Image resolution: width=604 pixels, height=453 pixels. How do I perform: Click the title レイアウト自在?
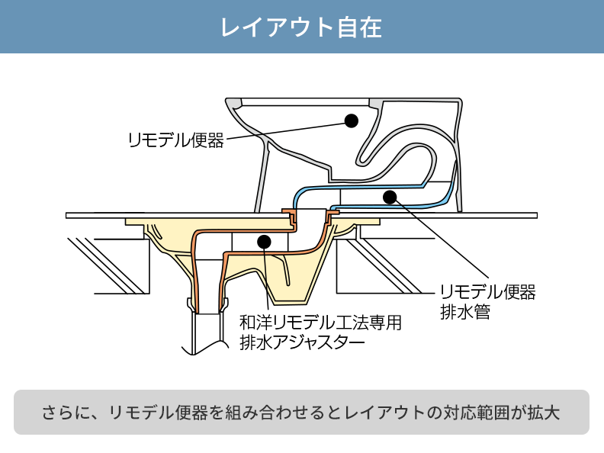point(301,27)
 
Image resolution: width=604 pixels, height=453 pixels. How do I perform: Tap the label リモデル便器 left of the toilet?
point(176,140)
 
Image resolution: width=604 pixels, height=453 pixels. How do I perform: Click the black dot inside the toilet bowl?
point(351,120)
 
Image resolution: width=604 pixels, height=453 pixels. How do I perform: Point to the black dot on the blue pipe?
point(390,197)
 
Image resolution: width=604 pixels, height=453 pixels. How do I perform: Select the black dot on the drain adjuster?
point(264,243)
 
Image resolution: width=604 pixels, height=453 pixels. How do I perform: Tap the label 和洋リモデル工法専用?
point(320,323)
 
